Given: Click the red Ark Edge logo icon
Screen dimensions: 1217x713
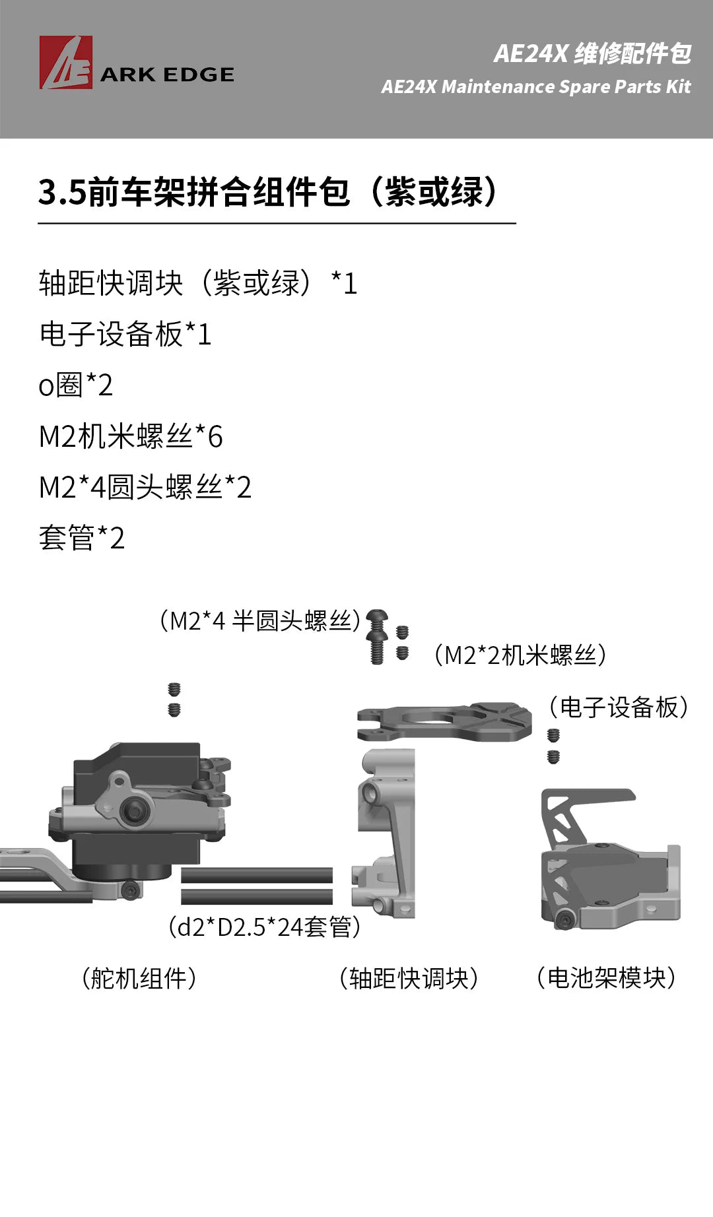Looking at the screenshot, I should pos(65,63).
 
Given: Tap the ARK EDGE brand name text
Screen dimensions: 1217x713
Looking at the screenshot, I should pos(167,75).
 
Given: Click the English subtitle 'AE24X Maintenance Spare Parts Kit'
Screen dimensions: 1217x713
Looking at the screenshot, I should pos(535,86).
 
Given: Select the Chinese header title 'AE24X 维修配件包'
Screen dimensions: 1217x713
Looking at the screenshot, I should pos(592,53).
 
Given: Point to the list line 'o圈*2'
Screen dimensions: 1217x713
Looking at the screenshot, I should pos(76,385).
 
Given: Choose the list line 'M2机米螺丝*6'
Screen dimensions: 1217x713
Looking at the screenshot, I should pos(131,436).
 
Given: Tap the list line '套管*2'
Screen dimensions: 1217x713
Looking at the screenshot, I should pos(82,538).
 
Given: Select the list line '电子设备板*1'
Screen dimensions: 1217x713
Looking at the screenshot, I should pos(125,334).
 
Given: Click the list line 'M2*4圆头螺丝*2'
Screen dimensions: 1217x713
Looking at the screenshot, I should pos(145,487).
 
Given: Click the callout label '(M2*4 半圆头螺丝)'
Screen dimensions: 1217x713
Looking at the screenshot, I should pos(259,620).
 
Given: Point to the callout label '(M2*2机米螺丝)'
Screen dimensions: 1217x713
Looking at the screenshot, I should pos(520,655).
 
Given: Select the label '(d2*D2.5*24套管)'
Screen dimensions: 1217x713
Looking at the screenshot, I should pos(265,927).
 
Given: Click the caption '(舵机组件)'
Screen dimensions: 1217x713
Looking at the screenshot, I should pos(139,977).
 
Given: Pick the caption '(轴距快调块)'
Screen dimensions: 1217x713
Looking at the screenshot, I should pos(409,977).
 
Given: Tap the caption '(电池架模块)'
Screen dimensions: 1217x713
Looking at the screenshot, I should pos(606,977).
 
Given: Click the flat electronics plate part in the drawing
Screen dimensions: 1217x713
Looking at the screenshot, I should pos(444,721).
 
